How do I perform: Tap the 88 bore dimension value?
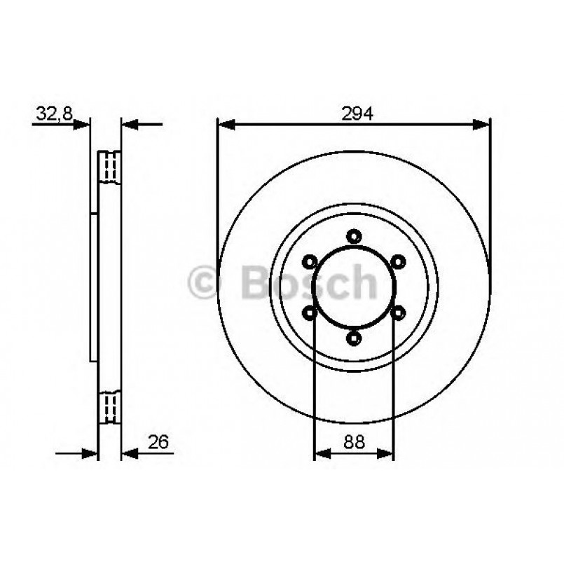pos(354,442)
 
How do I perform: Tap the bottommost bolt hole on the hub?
pos(354,340)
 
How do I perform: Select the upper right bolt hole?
pos(399,262)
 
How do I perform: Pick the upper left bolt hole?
pos(309,262)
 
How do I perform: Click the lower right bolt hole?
pos(399,313)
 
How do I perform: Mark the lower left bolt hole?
pos(309,313)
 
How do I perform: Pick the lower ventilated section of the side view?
pos(109,406)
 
